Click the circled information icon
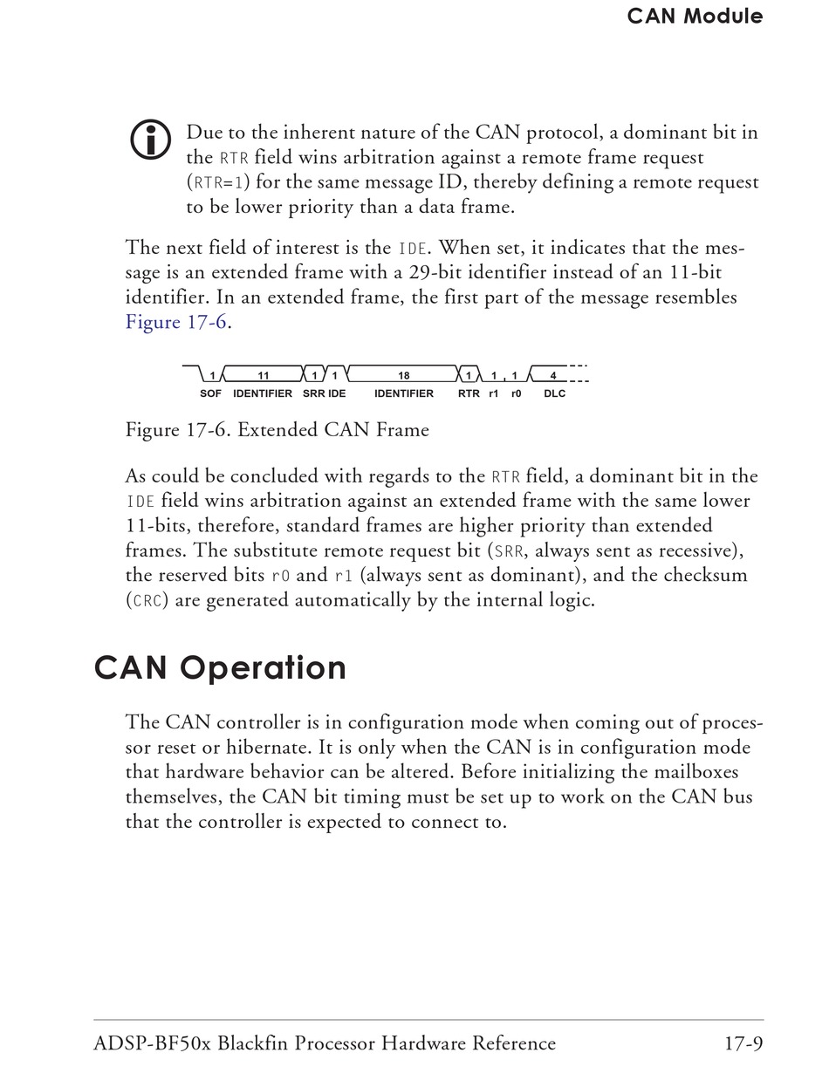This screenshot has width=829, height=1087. pos(150,140)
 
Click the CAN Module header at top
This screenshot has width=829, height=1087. pos(695,16)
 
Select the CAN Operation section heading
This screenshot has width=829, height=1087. pos(220,668)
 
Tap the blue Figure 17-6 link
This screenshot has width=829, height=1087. pos(177,322)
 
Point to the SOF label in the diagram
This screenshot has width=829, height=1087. pos(210,393)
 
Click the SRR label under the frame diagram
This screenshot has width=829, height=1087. pos(313,393)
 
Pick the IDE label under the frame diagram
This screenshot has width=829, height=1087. pos(337,393)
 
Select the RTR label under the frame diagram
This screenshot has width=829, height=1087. pos(469,393)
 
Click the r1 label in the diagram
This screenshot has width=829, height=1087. pos(494,393)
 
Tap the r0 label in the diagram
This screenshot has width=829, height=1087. pos(517,393)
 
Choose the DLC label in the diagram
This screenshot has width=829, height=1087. pos(554,393)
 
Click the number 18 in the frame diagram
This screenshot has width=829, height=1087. pos(404,376)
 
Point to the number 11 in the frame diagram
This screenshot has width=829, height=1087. pos(264,376)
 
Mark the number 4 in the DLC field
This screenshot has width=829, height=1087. pos(554,376)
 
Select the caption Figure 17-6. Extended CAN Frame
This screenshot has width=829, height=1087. pos(277,429)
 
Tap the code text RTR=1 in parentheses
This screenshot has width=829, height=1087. pos(216,182)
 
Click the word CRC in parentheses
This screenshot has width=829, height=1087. pos(146,600)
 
